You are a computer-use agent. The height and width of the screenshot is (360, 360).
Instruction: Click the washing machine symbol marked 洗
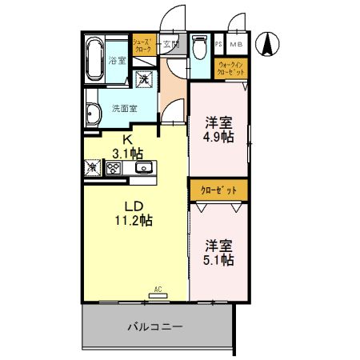point(143,78)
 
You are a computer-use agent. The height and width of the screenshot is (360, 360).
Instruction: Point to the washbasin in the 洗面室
point(93,112)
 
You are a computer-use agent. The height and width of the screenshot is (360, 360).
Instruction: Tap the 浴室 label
point(118,61)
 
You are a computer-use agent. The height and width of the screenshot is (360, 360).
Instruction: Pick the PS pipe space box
point(219,45)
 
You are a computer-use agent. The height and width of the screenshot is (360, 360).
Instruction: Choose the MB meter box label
point(238,45)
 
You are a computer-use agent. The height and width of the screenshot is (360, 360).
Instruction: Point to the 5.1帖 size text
point(218,259)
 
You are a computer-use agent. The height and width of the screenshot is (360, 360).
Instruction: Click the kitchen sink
point(144,167)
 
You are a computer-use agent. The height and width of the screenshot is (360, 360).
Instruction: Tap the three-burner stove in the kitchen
point(114,168)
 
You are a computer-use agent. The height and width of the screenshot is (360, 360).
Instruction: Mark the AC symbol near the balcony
point(157,294)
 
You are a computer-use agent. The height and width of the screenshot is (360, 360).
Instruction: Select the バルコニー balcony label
point(155,326)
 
